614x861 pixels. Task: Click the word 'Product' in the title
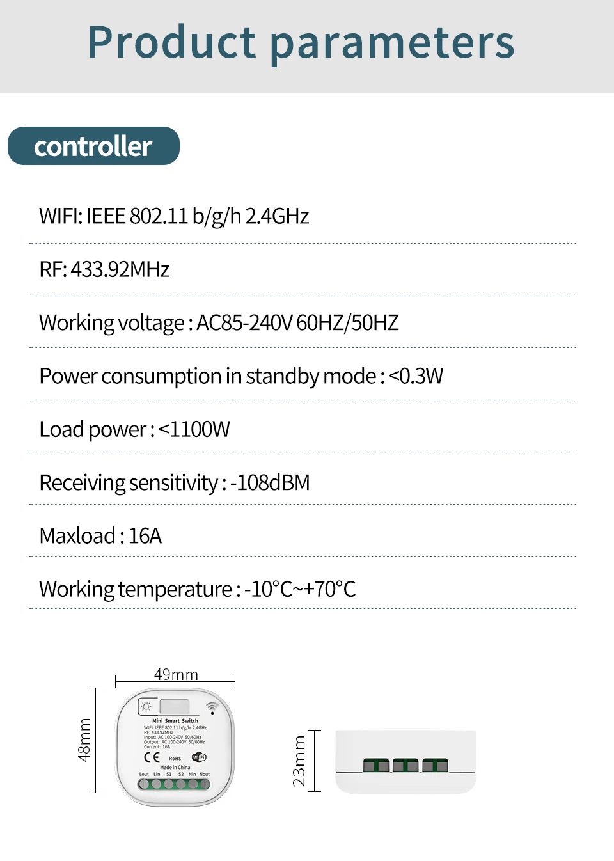[171, 42]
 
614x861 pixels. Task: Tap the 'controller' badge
[93, 146]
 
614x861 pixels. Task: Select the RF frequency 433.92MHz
[120, 269]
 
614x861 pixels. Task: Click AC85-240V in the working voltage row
[244, 323]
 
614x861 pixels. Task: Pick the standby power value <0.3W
[415, 376]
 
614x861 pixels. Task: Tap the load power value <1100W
[194, 429]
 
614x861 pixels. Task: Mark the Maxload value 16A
[145, 536]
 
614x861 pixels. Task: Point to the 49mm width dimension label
[176, 674]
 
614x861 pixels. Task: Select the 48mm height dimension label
[84, 740]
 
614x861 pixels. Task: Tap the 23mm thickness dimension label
[299, 761]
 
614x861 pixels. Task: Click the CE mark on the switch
[152, 757]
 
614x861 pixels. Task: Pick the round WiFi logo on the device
[199, 757]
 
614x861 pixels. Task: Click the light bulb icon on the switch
[146, 707]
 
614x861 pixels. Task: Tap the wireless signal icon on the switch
[212, 707]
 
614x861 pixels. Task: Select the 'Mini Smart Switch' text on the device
[175, 721]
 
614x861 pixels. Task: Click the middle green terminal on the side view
[405, 765]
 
